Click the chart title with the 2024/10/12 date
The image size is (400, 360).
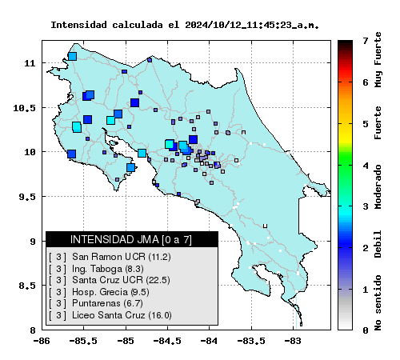(x=185, y=25)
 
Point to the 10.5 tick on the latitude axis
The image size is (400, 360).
(x=24, y=108)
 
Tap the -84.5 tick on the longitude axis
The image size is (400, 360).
(x=167, y=341)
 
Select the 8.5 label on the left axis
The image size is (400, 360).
(x=27, y=286)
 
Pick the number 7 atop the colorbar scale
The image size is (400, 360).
(x=366, y=41)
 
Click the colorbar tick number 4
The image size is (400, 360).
(x=366, y=166)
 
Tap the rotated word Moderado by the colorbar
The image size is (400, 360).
(x=378, y=186)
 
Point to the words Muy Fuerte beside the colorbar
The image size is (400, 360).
(x=378, y=60)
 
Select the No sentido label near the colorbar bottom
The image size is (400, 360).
(x=378, y=303)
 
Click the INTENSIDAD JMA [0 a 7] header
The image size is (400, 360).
(x=131, y=239)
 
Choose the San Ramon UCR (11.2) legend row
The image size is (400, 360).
(x=110, y=257)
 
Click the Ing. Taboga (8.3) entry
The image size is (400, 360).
(x=96, y=269)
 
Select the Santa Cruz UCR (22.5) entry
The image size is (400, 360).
(x=110, y=280)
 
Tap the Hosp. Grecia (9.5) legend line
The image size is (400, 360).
(x=99, y=292)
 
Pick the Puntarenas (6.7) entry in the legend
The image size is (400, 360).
(x=96, y=303)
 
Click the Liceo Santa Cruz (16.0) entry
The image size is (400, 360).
(x=110, y=315)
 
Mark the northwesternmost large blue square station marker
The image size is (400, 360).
(x=72, y=57)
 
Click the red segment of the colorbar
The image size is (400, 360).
(x=345, y=70)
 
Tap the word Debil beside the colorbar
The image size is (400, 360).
(x=378, y=244)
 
